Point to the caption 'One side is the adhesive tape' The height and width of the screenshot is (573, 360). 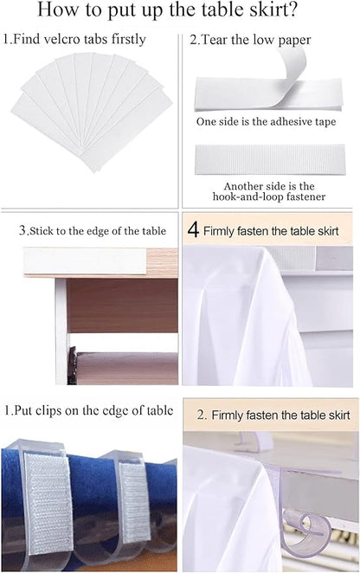[266, 122]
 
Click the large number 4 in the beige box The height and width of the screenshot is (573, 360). [194, 230]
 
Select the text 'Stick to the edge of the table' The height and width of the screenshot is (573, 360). [96, 231]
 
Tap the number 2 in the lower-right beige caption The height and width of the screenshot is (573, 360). [201, 415]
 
